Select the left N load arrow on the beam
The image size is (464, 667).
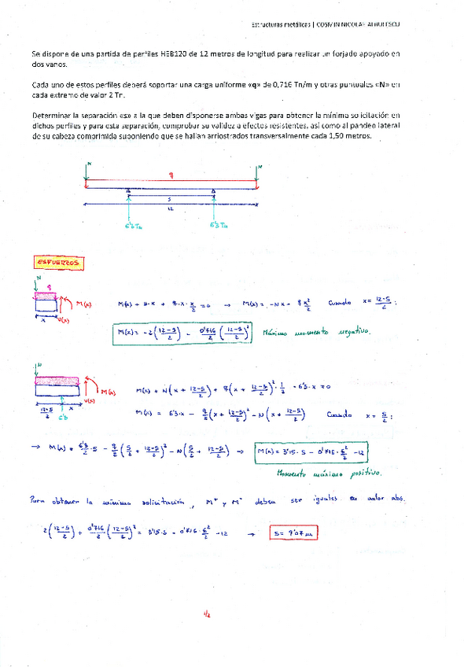tap(87, 173)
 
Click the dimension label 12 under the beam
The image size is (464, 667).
tap(169, 208)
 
